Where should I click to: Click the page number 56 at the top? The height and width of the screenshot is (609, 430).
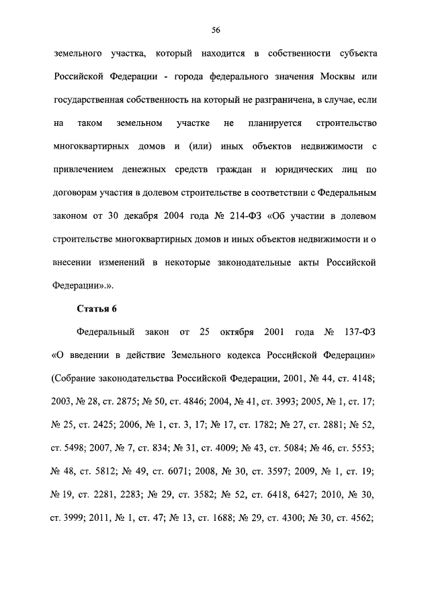click(x=216, y=30)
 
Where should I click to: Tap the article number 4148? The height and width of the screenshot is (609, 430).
click(x=363, y=379)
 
